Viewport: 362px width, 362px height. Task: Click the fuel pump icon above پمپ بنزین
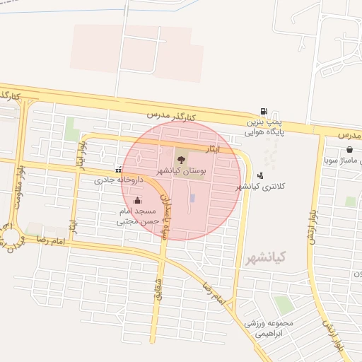pos(264,112)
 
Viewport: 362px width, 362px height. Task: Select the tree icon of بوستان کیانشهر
pos(181,159)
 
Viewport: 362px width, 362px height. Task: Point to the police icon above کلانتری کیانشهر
pos(261,175)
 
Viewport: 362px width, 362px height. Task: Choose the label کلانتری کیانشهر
pos(262,187)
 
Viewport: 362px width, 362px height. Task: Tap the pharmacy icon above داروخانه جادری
pos(118,170)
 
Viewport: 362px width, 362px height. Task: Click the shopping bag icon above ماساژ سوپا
pos(350,149)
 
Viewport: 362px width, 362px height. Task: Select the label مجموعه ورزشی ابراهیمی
pos(268,327)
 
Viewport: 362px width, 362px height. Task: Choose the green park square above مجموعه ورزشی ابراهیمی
pos(283,305)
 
